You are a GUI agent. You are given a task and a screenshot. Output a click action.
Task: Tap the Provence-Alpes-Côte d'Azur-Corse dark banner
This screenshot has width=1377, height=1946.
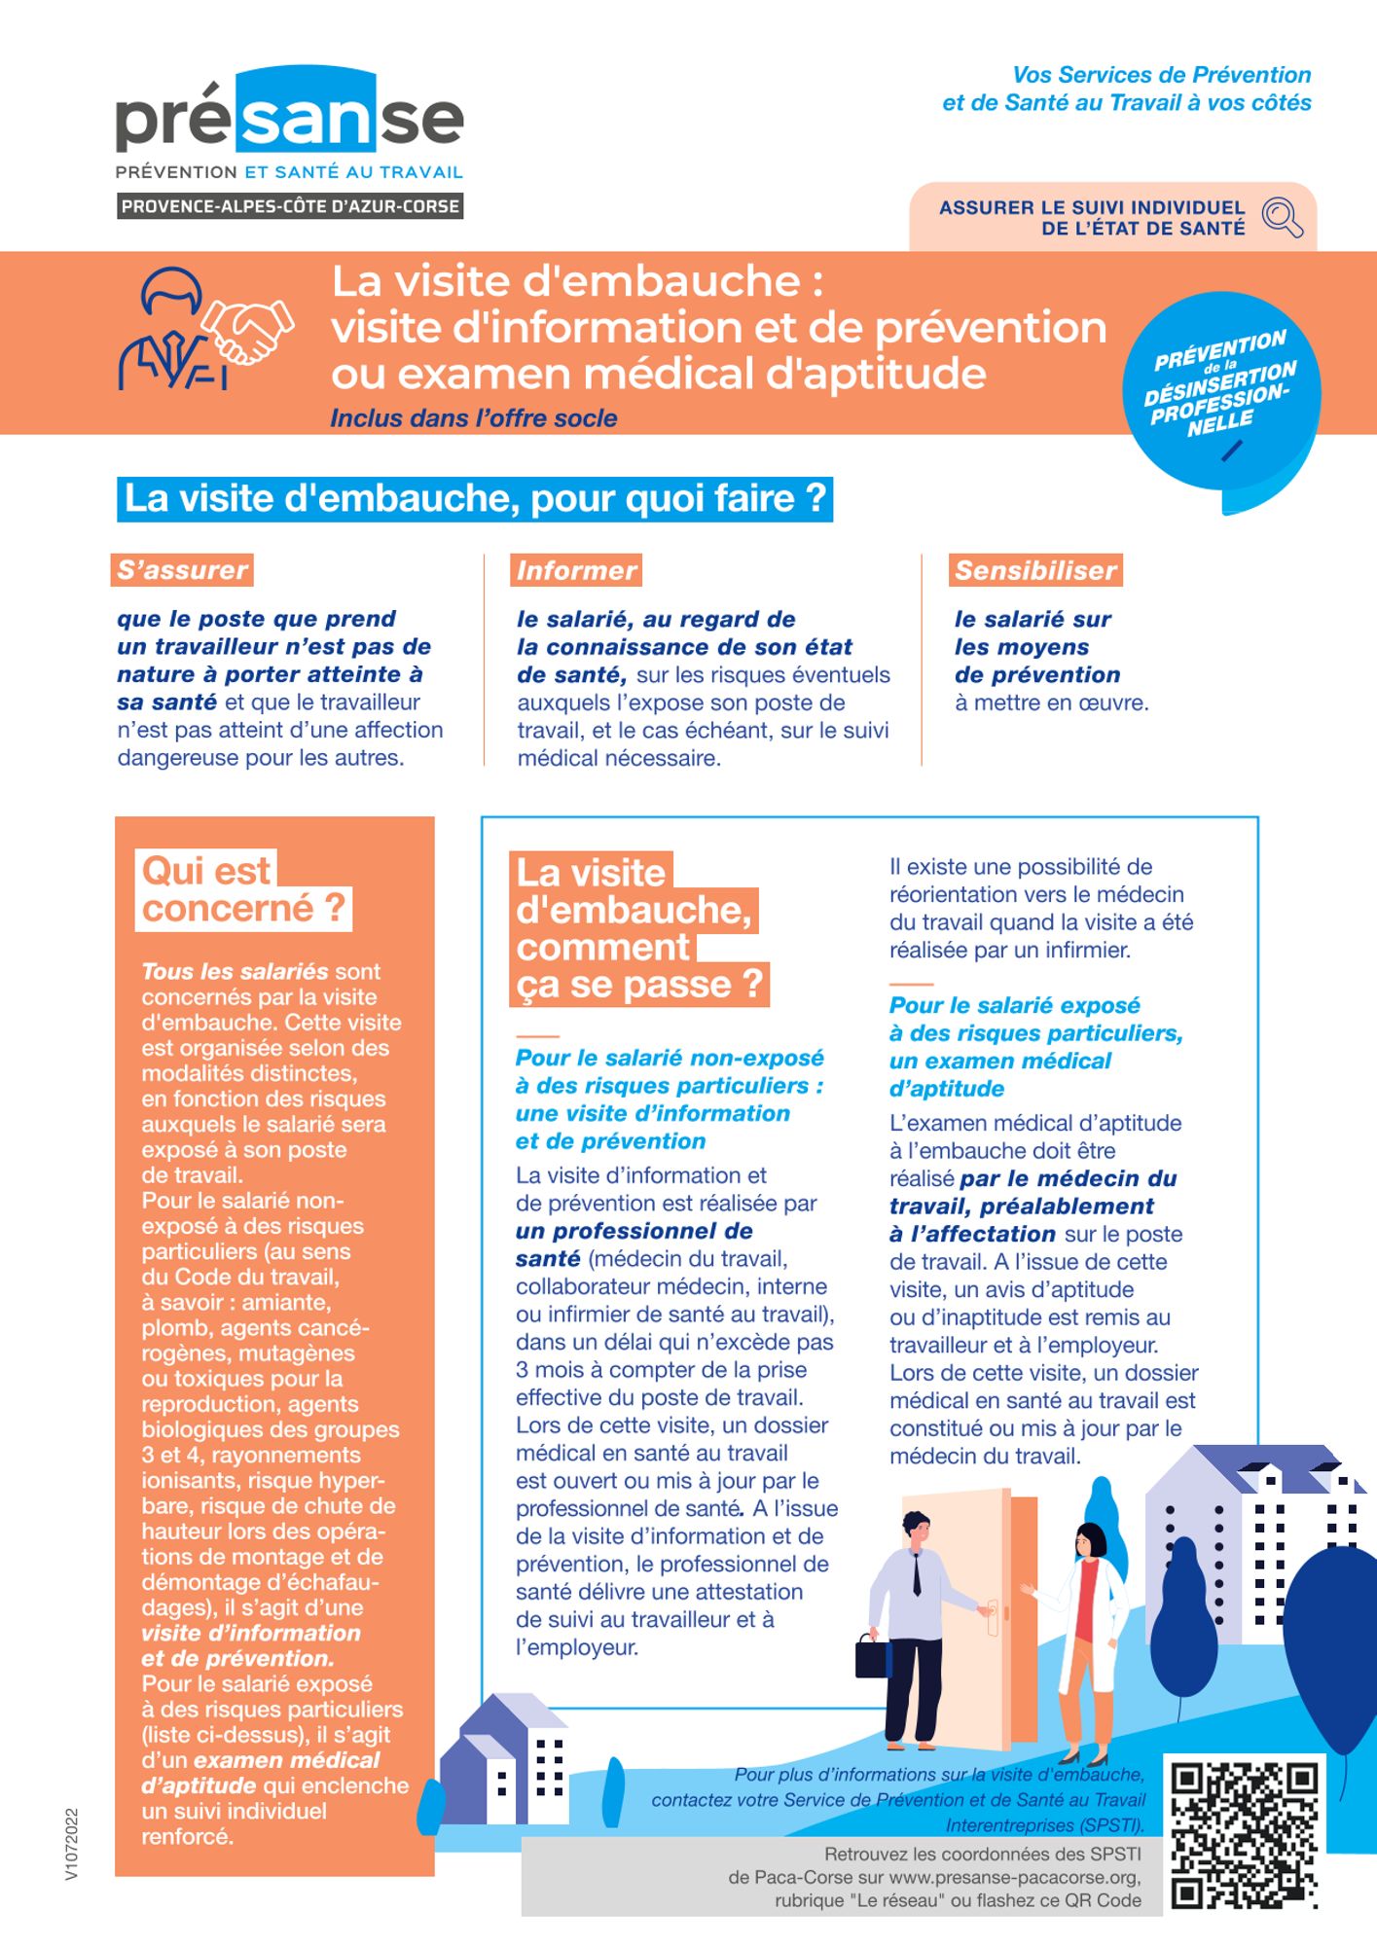pyautogui.click(x=290, y=206)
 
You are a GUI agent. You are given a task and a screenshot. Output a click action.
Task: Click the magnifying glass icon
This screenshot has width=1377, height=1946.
pyautogui.click(x=1282, y=216)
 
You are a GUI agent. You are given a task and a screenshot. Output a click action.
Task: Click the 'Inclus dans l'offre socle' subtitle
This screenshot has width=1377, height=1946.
pyautogui.click(x=473, y=418)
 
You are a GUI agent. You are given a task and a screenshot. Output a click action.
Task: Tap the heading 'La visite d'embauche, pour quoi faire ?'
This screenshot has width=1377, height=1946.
pyautogui.click(x=475, y=498)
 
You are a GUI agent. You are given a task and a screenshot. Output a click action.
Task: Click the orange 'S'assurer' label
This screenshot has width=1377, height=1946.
pyautogui.click(x=182, y=570)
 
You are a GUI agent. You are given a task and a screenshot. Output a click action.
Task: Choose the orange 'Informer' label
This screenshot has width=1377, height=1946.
pyautogui.click(x=577, y=570)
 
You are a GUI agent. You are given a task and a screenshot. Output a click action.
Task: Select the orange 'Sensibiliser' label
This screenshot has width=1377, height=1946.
pyautogui.click(x=1035, y=570)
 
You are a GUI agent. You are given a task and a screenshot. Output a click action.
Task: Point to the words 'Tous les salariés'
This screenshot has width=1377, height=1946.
pyautogui.click(x=235, y=971)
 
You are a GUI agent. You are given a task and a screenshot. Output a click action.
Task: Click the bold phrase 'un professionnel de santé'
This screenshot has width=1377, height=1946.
pyautogui.click(x=634, y=1244)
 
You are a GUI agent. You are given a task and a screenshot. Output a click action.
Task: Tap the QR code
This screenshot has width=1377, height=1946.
pyautogui.click(x=1244, y=1835)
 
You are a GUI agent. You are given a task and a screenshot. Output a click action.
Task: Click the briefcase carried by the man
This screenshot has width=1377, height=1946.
pyautogui.click(x=872, y=1655)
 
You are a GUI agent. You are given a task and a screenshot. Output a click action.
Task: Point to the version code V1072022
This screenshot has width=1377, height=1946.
pyautogui.click(x=72, y=1844)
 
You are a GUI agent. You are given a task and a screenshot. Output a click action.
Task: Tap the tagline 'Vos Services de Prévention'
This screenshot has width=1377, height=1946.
pyautogui.click(x=1161, y=75)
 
